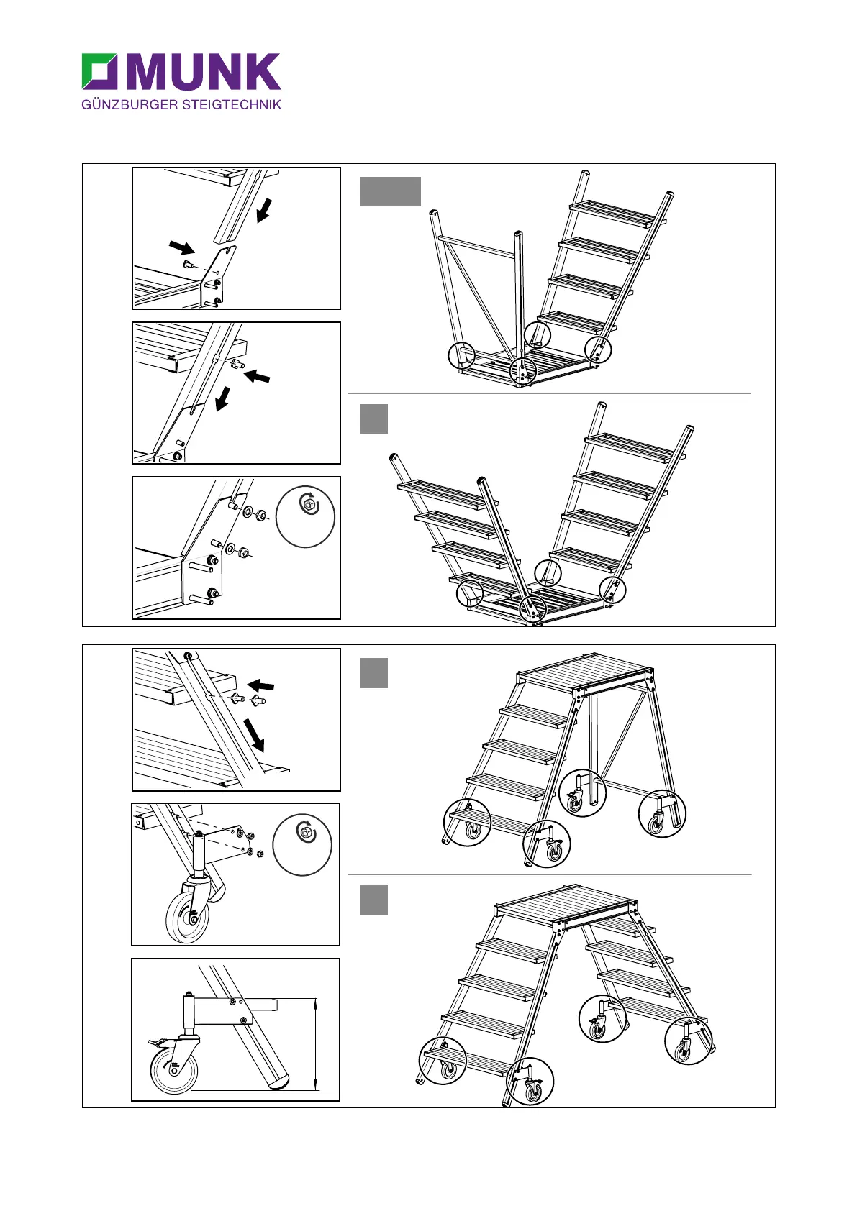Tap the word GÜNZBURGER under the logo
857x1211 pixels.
pos(129,105)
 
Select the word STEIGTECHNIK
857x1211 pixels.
pos(232,105)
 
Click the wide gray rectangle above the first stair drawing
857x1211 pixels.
pos(389,191)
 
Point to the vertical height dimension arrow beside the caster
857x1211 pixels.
pos(315,1043)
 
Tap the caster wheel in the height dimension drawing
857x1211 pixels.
pos(173,1069)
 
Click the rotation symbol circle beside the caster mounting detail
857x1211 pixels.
pos(303,845)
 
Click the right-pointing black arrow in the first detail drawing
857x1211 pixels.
pos(182,247)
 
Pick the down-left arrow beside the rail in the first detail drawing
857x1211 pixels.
pos(264,211)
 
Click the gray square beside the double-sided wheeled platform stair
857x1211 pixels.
pos(373,900)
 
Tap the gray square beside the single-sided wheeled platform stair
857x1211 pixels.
pos(373,673)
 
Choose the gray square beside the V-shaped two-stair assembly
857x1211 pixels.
pos(373,419)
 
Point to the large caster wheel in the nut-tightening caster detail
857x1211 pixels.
pos(186,918)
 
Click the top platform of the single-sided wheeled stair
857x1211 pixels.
pos(585,670)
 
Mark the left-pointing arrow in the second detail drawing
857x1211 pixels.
pos(257,375)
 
